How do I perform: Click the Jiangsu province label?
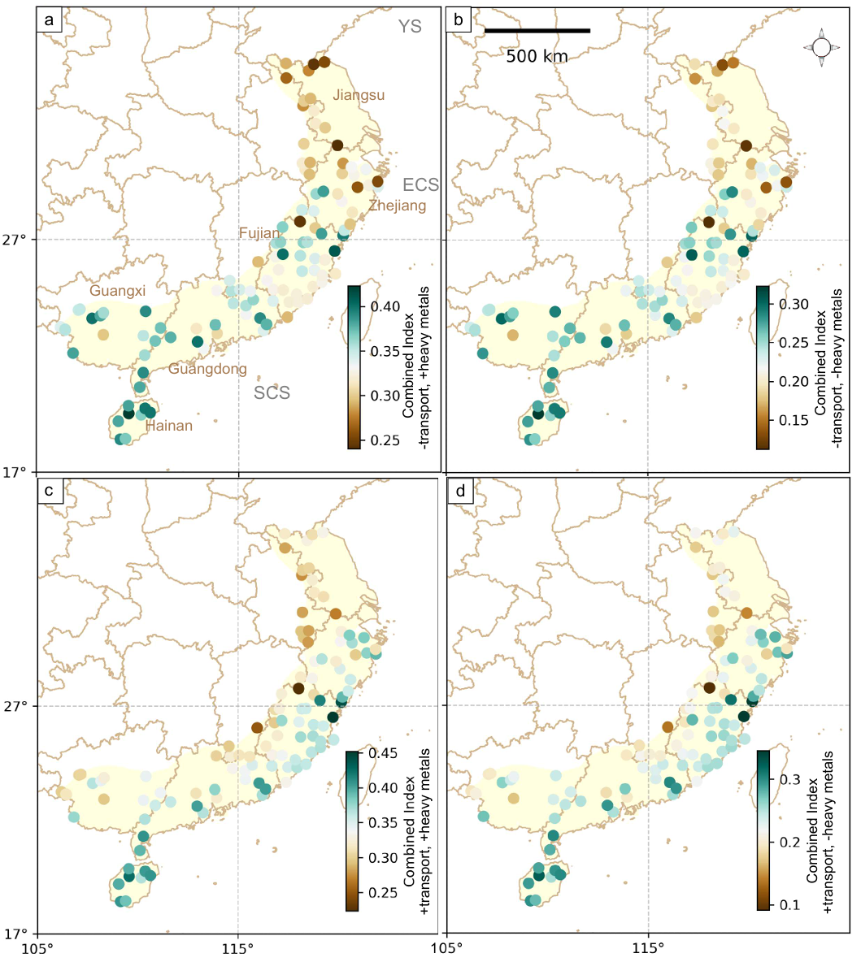pos(359,96)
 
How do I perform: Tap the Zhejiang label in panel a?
pos(397,206)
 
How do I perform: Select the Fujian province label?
pos(259,234)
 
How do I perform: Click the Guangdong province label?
pos(207,370)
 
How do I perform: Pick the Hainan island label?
pos(169,425)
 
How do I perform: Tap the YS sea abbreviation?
pos(410,27)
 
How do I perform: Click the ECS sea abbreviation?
pos(421,184)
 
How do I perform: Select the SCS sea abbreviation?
pos(272,393)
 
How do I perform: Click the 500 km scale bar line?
pos(537,31)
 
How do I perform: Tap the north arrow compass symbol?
pos(821,48)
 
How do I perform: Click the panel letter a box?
pos(50,21)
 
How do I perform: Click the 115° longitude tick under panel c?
pos(237,947)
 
